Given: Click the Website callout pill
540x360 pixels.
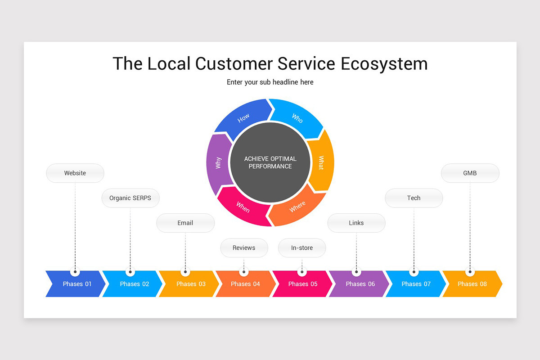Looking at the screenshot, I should click(75, 173).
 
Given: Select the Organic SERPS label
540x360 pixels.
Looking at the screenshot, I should click(130, 198).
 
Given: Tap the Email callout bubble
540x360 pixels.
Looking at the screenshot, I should click(185, 223).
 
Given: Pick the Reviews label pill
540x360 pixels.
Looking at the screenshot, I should click(244, 248).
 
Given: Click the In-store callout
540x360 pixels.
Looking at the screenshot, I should click(302, 248).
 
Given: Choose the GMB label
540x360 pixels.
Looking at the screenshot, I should click(470, 173).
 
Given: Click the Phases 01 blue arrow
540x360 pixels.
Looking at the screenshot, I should click(76, 284).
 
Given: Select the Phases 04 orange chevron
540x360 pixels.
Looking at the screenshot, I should click(245, 284).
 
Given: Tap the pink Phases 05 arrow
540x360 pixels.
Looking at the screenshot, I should click(302, 284).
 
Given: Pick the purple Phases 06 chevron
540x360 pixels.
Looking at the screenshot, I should click(360, 284).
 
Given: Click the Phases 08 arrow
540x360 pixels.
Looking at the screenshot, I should click(472, 284).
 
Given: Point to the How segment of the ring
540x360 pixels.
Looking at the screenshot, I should click(243, 118).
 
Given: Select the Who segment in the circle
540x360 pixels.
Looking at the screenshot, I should click(297, 118).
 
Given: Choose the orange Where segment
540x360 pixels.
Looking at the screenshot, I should click(297, 207).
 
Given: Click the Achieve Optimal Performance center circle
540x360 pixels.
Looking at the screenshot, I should click(270, 162).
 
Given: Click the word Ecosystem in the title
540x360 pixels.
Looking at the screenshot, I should click(384, 63).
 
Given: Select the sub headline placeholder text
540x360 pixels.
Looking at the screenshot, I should click(270, 82).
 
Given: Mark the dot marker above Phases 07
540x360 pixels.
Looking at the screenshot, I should click(414, 272).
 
